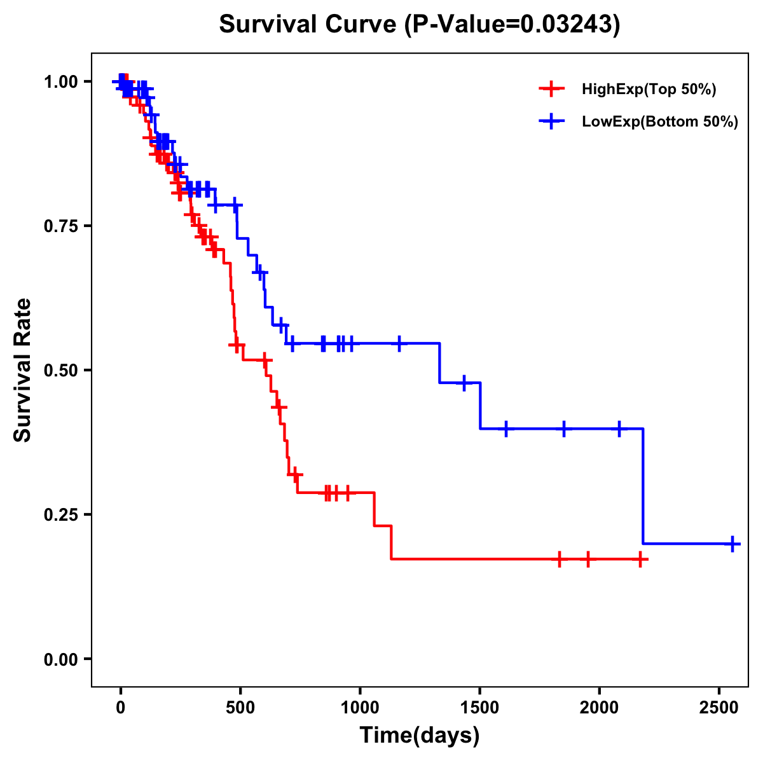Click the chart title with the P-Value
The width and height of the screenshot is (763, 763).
pos(420,25)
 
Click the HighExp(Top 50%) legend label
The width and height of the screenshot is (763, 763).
pos(649,90)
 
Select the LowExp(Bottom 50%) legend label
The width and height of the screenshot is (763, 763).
pos(660,122)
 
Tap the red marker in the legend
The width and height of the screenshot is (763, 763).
pos(552,89)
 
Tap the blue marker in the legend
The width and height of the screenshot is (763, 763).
pos(552,121)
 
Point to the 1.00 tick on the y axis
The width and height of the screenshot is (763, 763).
pos(61,82)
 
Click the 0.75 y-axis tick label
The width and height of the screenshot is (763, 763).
pos(61,226)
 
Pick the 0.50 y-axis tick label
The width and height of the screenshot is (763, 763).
pos(61,371)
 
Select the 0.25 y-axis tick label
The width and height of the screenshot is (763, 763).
pos(61,515)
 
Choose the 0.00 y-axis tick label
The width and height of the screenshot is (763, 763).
pos(61,659)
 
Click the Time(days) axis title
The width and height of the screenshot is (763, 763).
pos(420,736)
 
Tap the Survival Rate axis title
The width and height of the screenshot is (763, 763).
pos(23,370)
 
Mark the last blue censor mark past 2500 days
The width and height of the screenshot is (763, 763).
pos(732,544)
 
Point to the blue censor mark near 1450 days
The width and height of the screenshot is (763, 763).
pos(464,383)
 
